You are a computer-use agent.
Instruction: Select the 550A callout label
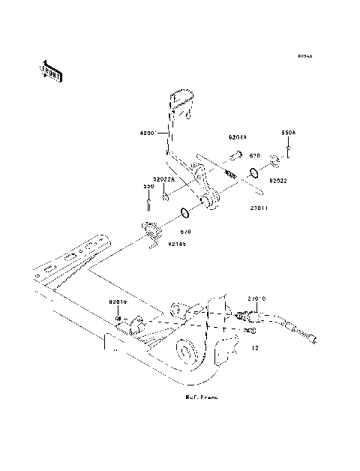[x=289, y=132]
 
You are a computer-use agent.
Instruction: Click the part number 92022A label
[x=165, y=180]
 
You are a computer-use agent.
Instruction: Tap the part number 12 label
[x=255, y=347]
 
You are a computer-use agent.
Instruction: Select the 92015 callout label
[x=118, y=301]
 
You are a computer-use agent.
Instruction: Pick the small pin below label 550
[x=149, y=199]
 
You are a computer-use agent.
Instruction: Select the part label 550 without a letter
[x=149, y=187]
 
